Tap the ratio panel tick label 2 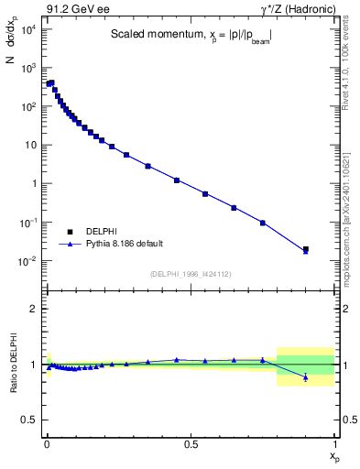point(33,309)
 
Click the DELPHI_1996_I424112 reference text point(191,274)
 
